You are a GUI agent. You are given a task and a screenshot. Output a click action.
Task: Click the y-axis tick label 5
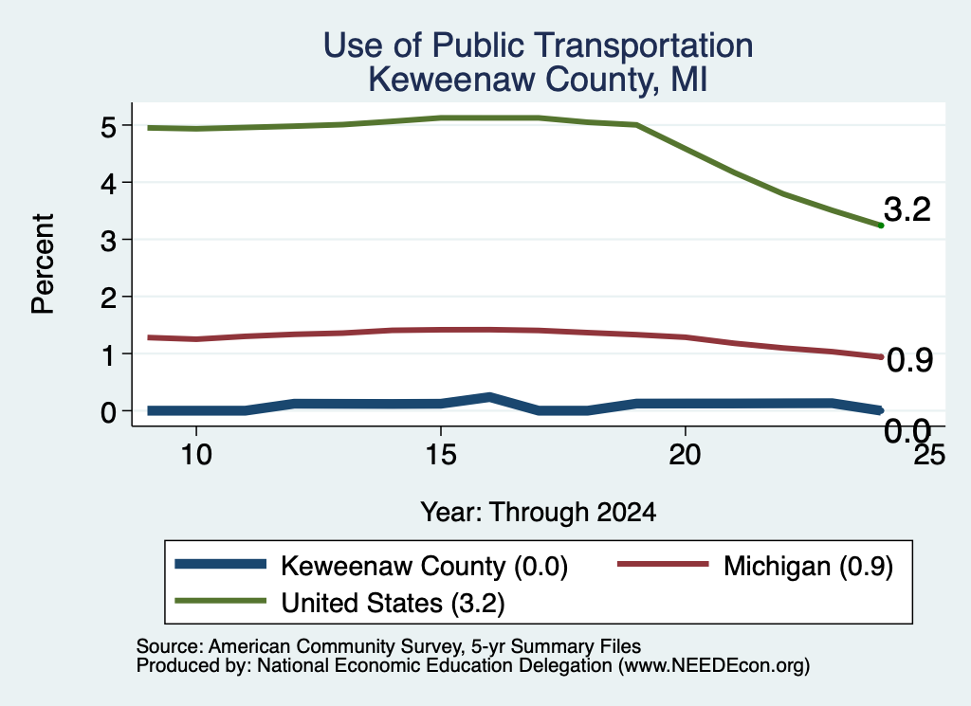click(108, 128)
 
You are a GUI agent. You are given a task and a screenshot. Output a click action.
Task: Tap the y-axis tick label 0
click(108, 412)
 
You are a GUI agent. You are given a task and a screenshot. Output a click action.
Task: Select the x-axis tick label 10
click(196, 455)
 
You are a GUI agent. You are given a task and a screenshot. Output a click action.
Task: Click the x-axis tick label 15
click(441, 455)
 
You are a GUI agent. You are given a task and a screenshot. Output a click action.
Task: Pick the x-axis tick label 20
click(685, 455)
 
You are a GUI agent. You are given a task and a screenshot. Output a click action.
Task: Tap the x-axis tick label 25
click(929, 455)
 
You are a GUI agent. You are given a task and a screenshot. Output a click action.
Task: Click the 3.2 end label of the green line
click(907, 209)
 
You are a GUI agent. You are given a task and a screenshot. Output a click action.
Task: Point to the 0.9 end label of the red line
click(909, 360)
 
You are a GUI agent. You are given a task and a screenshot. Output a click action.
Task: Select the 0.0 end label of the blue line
click(907, 430)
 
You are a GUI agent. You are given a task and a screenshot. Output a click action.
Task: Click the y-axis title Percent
click(43, 264)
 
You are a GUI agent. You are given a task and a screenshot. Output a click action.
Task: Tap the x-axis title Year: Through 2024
click(539, 513)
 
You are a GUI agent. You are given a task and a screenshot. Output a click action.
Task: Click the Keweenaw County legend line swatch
click(220, 564)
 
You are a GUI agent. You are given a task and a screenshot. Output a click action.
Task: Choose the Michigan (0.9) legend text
click(808, 566)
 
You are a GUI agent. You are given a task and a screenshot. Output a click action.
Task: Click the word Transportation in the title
click(644, 45)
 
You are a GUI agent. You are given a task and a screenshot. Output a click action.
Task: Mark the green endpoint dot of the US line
click(881, 226)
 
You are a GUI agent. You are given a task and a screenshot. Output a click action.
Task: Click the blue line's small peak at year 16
click(489, 397)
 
